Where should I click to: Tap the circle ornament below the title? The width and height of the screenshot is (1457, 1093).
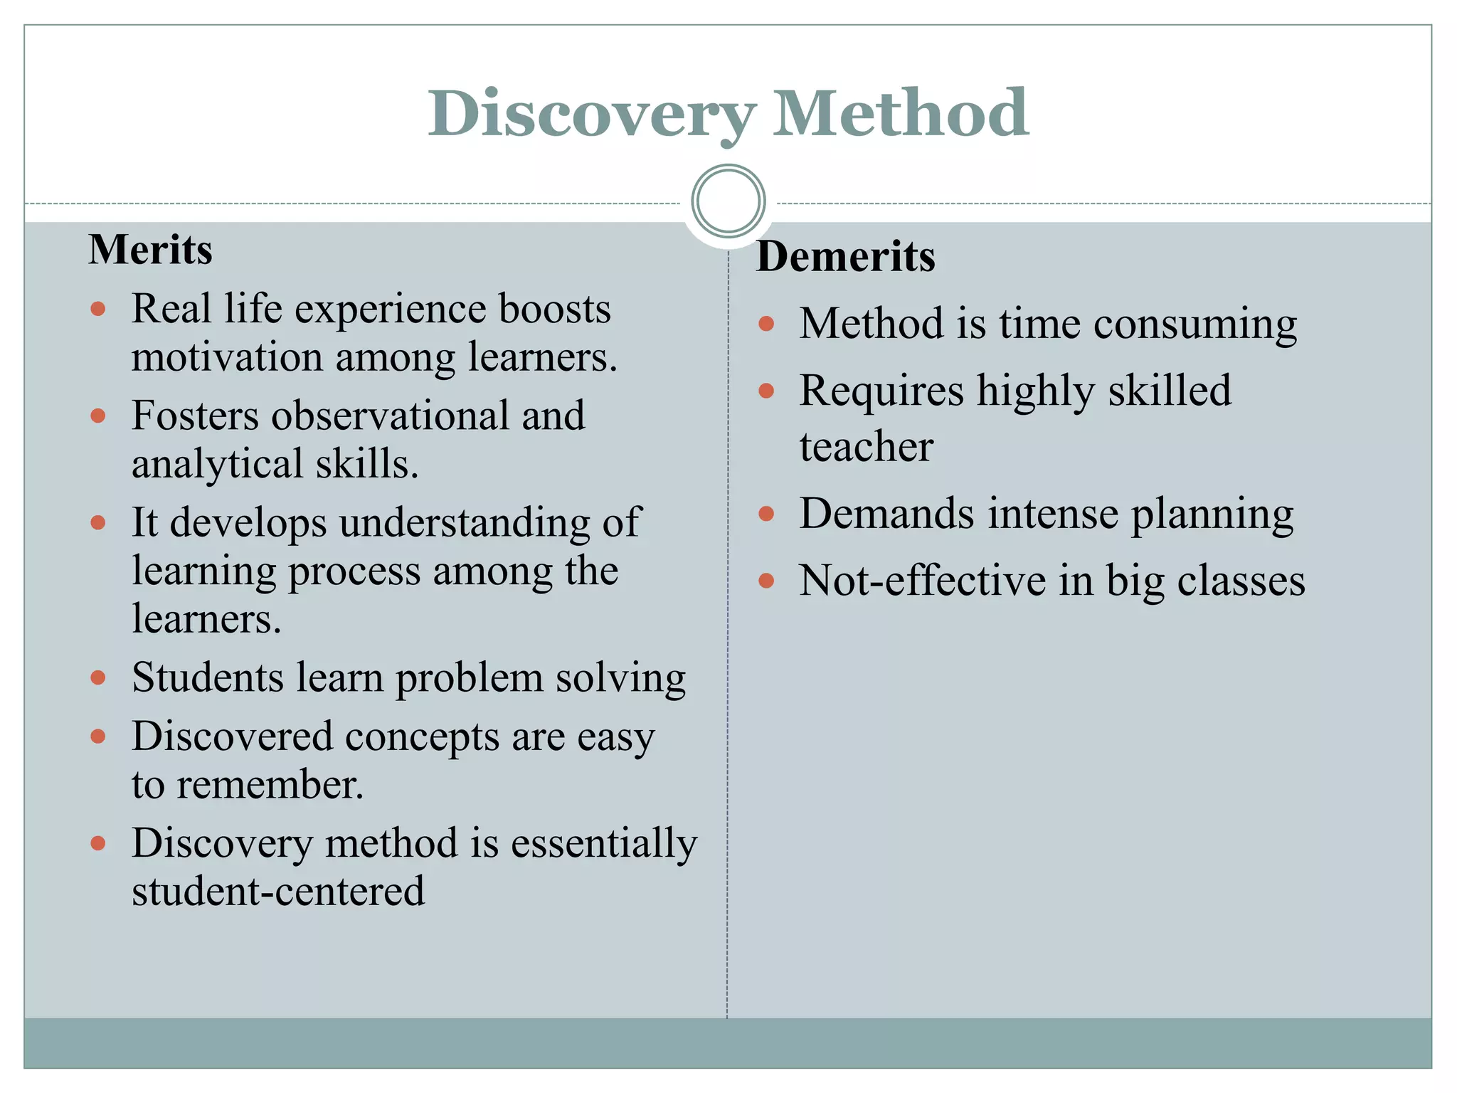click(728, 201)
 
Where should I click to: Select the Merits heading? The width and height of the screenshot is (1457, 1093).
click(150, 250)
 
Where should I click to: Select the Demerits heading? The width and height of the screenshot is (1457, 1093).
click(845, 256)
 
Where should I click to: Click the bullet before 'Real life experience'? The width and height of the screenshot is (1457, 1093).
click(98, 309)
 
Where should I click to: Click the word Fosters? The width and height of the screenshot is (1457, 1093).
click(195, 416)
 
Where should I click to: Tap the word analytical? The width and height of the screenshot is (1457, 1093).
click(218, 464)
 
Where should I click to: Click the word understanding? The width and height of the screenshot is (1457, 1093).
click(465, 523)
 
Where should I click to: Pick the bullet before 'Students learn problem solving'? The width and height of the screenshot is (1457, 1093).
click(98, 677)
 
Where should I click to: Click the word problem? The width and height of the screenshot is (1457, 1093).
click(469, 678)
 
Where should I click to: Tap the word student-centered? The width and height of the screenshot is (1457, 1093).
click(278, 892)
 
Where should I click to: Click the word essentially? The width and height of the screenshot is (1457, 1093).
click(604, 843)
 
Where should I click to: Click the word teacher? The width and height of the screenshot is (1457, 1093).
click(866, 447)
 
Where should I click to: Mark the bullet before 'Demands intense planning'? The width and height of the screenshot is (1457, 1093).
click(766, 514)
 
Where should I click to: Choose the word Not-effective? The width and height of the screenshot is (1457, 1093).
click(922, 581)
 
